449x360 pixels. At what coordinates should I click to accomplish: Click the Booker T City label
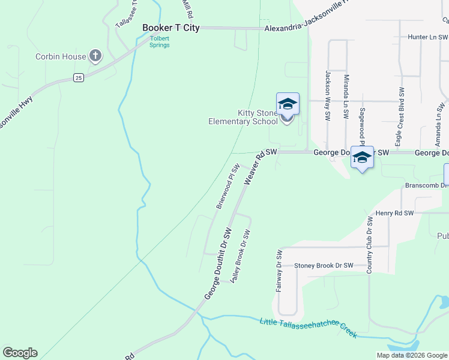pos(170,28)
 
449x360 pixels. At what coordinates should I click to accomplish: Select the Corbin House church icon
pos(95,56)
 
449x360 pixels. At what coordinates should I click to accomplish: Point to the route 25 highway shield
pos(78,77)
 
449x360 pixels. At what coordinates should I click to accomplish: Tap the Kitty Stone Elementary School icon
pos(287,105)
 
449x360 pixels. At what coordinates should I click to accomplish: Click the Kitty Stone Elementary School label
pos(243,117)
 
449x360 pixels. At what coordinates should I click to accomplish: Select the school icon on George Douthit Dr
pos(361,157)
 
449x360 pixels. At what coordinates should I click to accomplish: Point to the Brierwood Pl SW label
pos(228,186)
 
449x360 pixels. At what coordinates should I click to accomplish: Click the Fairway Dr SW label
pos(279,271)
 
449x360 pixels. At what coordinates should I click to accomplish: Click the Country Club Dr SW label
pos(369,244)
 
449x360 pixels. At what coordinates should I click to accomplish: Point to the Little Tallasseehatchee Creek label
pos(309,328)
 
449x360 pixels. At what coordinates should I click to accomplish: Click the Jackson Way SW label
pos(328,97)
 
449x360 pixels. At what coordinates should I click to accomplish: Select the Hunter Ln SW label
pos(428,37)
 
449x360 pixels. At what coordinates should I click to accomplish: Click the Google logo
pos(20,353)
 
